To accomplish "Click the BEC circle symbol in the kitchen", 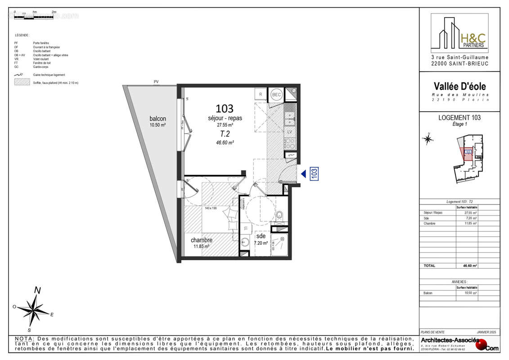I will (x=276, y=94).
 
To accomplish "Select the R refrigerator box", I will (x=260, y=94).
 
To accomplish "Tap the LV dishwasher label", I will (x=290, y=131).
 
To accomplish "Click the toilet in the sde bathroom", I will (x=279, y=216).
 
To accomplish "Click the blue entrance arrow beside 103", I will (x=304, y=173).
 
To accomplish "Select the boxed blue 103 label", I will (x=315, y=173).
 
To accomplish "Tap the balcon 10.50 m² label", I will (x=158, y=121).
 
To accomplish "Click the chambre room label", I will (x=201, y=240).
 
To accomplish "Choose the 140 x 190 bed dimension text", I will (x=211, y=208).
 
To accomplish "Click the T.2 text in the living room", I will (x=225, y=134).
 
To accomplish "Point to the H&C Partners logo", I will (x=459, y=34).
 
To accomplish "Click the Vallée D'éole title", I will (x=459, y=86).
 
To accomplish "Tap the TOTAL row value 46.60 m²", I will (x=470, y=265).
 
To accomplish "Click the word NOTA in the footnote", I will (x=24, y=338).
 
